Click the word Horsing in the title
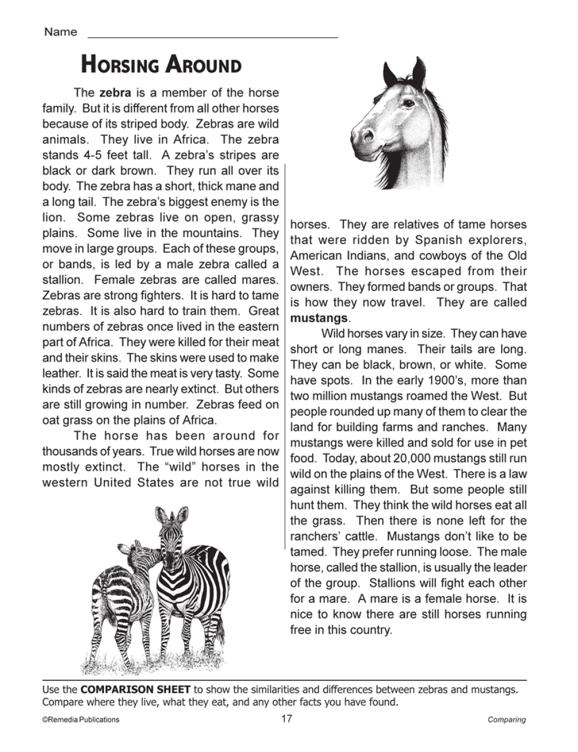pos(119,64)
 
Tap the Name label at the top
pos(60,32)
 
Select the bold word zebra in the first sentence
pos(115,93)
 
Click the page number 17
pos(287,719)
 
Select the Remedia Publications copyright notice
pos(80,720)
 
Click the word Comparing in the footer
pos(506,720)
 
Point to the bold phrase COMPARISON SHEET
pos(135,690)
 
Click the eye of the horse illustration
pos(408,104)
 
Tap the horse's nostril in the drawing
pos(368,135)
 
